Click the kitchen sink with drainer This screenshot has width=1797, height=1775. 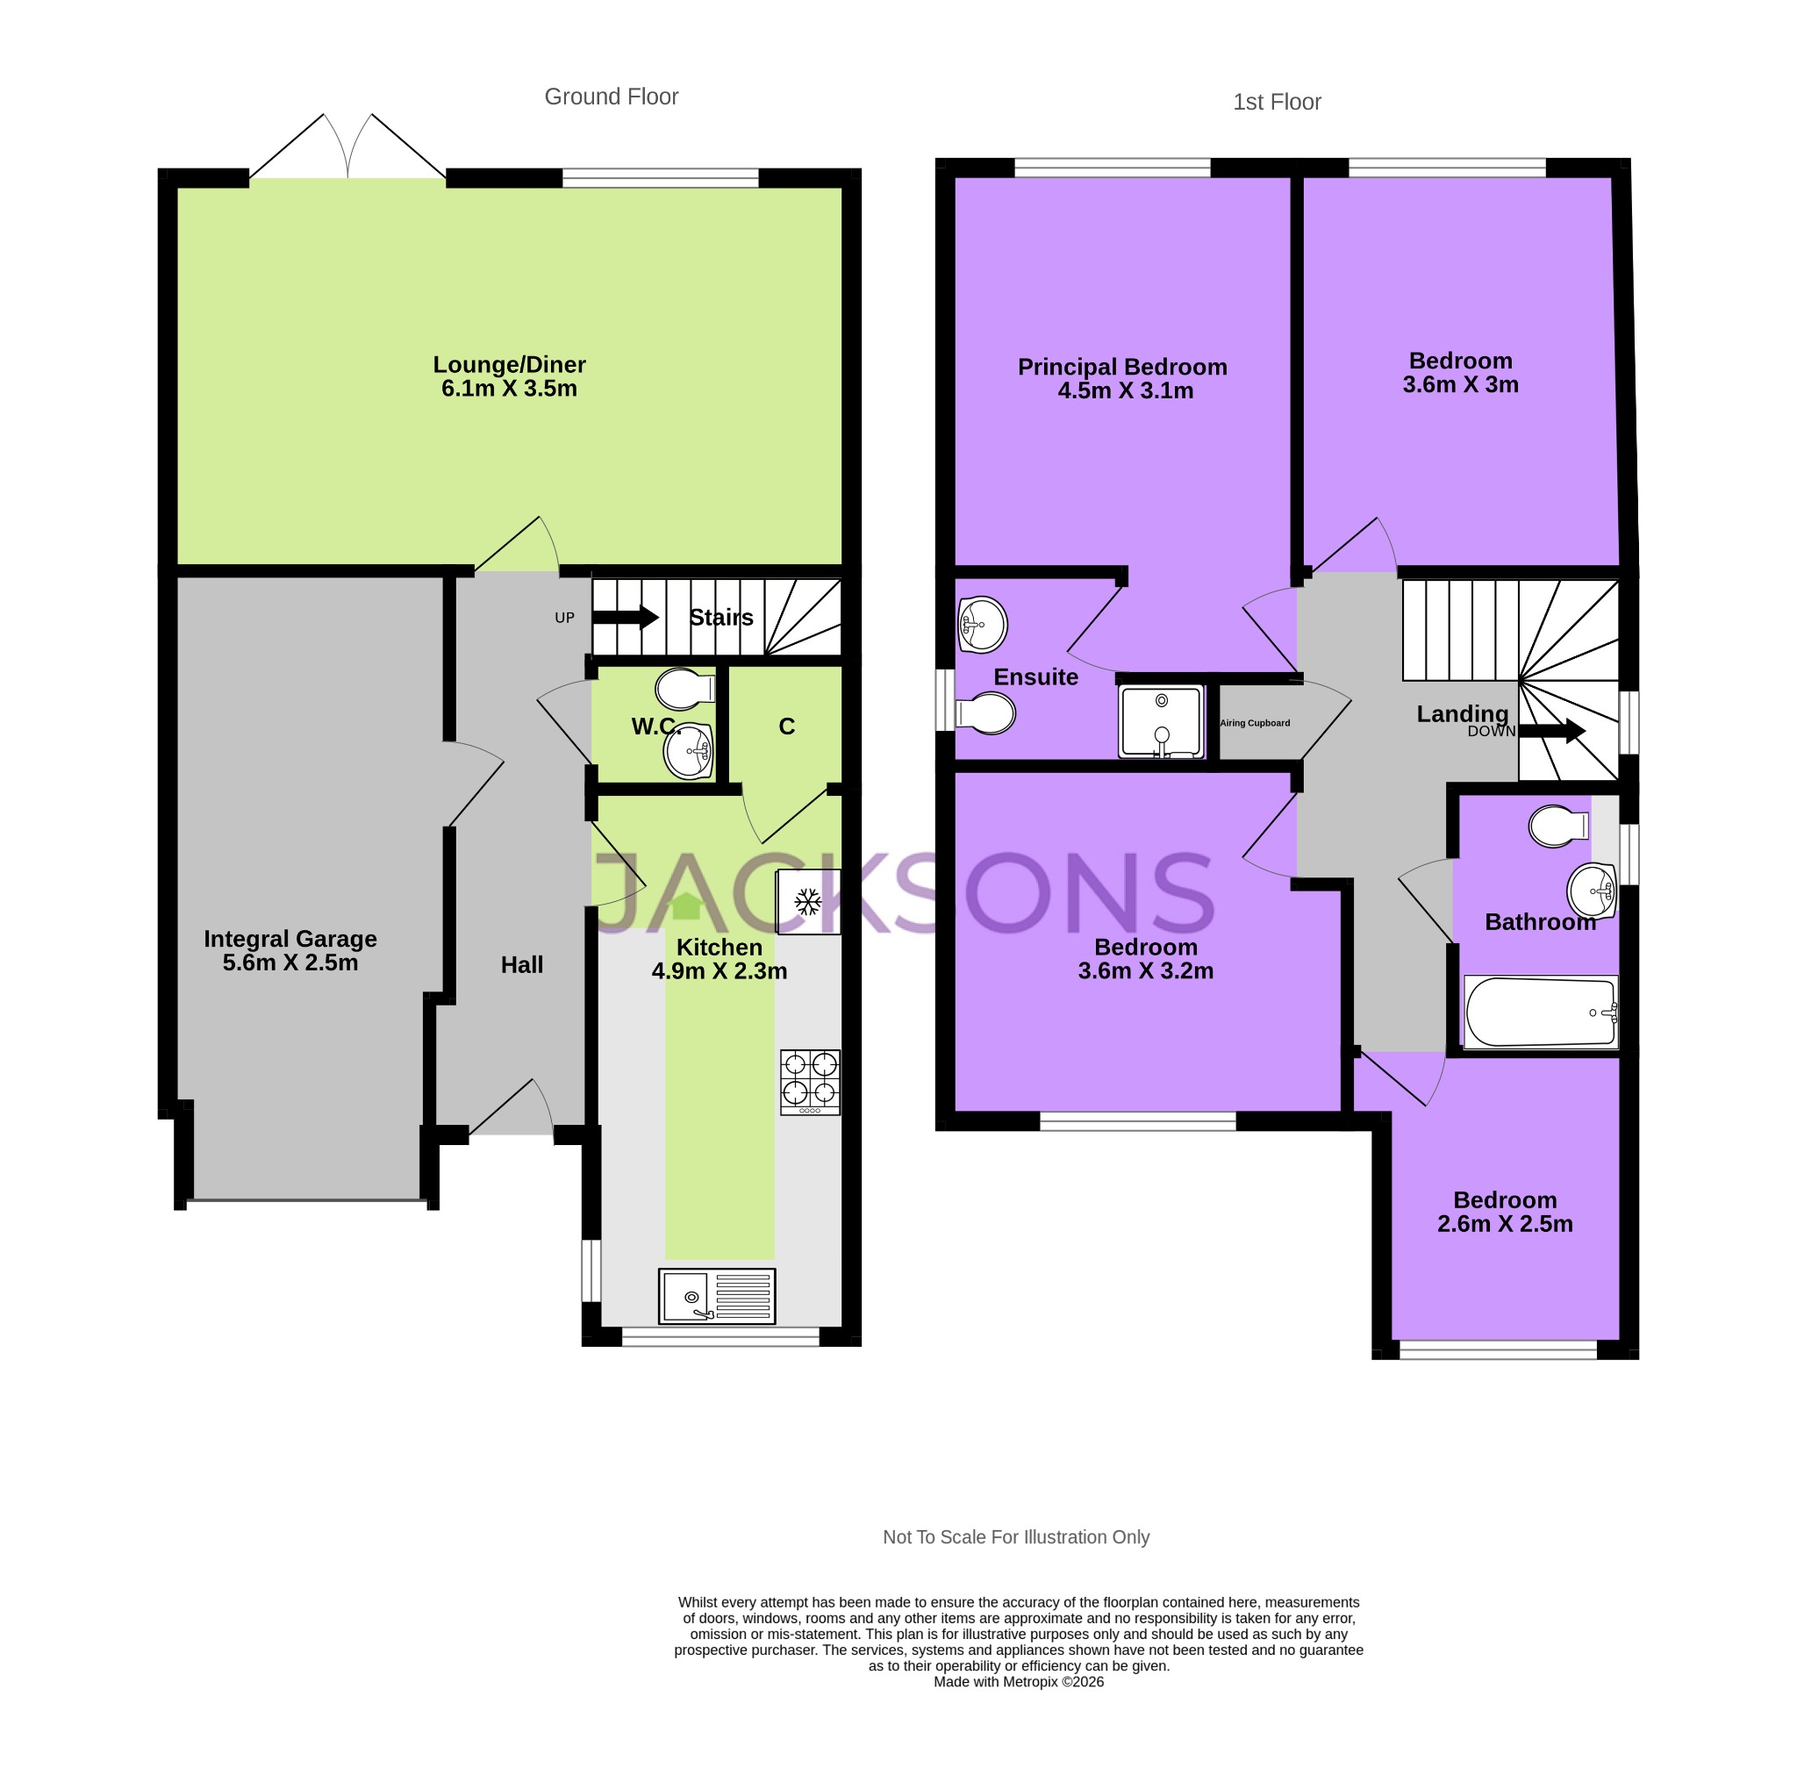pyautogui.click(x=716, y=1296)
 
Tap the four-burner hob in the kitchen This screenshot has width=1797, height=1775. pyautogui.click(x=809, y=1082)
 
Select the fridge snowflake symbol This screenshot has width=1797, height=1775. pyautogui.click(x=807, y=901)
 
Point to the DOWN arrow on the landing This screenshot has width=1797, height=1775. pyautogui.click(x=1550, y=730)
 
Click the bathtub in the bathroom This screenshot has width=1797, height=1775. pyautogui.click(x=1540, y=1013)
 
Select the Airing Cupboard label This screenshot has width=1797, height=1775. pyautogui.click(x=1255, y=723)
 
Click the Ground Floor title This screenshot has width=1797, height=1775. pyautogui.click(x=611, y=97)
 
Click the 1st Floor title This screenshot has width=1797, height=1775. pyautogui.click(x=1276, y=103)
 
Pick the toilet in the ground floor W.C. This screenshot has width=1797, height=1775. pyautogui.click(x=683, y=690)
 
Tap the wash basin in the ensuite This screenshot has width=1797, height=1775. pyautogui.click(x=982, y=624)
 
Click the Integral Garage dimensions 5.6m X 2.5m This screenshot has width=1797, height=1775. pyautogui.click(x=290, y=963)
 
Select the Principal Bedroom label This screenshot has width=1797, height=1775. pyautogui.click(x=1121, y=367)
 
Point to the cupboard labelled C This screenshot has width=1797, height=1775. pyautogui.click(x=786, y=726)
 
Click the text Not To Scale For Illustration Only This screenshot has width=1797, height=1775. pyautogui.click(x=1016, y=1537)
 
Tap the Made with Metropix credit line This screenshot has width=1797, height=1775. pyautogui.click(x=1019, y=1681)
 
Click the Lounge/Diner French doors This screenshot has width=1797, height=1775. pyautogui.click(x=347, y=149)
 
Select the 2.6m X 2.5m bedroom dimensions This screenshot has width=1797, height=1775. pyautogui.click(x=1504, y=1224)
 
